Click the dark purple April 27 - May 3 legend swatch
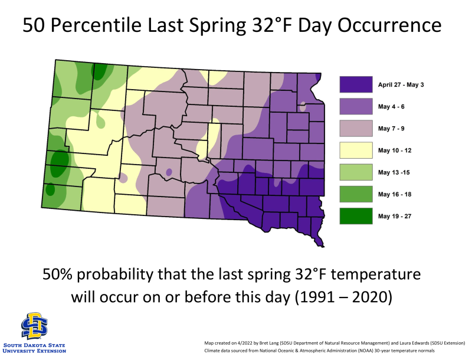[x=355, y=84]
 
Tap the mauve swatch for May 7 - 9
[x=355, y=128]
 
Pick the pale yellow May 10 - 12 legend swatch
[x=355, y=150]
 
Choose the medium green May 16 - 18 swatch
[x=355, y=194]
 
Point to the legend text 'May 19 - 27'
[x=395, y=216]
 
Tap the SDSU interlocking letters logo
[x=34, y=326]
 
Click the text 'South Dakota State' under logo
[x=34, y=345]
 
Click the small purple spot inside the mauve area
[x=169, y=172]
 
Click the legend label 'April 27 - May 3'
[x=401, y=84]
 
